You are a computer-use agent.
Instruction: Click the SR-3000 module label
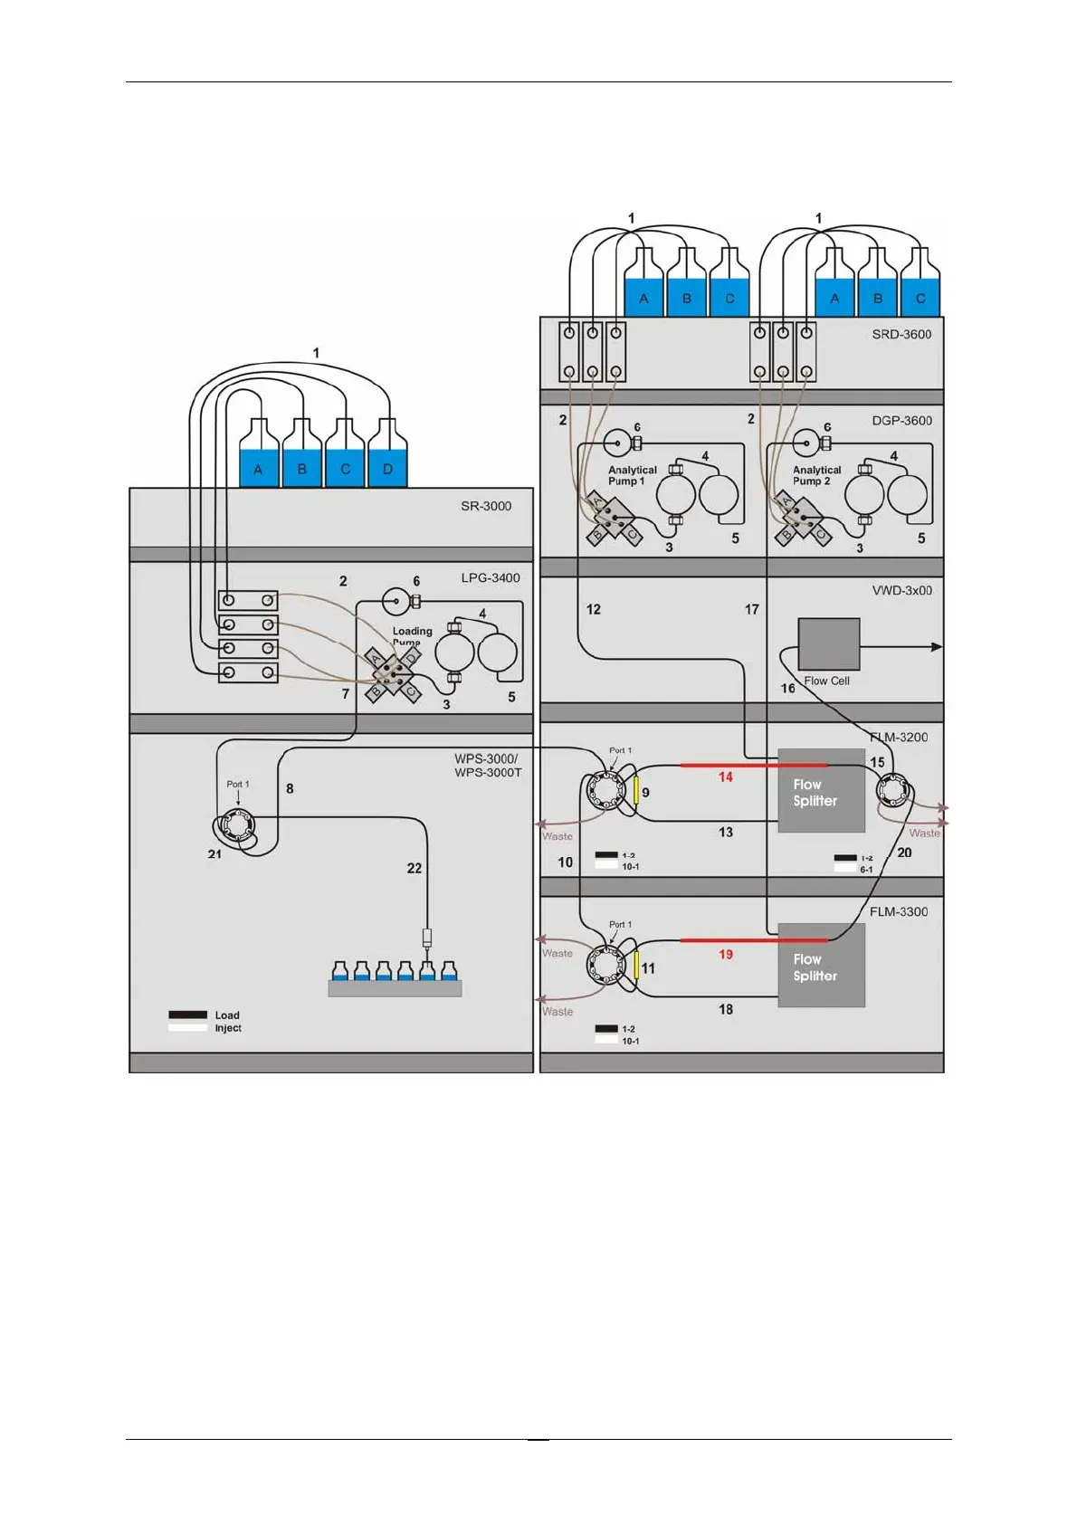(x=486, y=506)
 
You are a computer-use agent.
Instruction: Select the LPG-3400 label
(x=491, y=577)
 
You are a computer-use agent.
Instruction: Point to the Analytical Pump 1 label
(x=632, y=475)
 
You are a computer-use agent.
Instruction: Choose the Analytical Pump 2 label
(x=816, y=475)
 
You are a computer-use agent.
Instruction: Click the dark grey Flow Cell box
(x=828, y=644)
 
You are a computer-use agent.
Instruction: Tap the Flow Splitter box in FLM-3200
(x=821, y=791)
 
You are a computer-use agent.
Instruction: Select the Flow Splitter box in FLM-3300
(x=821, y=966)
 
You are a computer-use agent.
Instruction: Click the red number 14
(x=725, y=776)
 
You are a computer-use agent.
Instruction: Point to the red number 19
(x=725, y=954)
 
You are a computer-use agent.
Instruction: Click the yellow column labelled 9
(x=635, y=790)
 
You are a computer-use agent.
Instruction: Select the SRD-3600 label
(x=901, y=334)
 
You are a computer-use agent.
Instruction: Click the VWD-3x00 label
(x=901, y=590)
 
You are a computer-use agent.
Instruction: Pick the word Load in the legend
(x=227, y=1015)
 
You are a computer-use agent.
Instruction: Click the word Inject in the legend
(x=228, y=1028)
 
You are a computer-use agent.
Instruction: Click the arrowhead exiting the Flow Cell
(x=936, y=646)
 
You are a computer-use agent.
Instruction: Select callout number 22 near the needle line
(x=415, y=868)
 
